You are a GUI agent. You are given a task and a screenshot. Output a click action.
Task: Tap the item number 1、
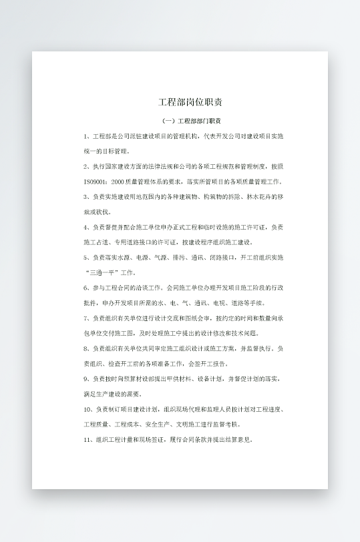(x=87, y=136)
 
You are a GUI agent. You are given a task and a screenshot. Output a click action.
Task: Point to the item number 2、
(x=87, y=166)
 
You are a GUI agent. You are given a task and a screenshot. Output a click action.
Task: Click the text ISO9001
(x=95, y=182)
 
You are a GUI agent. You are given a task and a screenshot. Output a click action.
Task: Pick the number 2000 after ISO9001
(x=119, y=182)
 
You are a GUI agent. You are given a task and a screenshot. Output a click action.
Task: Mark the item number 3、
(x=87, y=197)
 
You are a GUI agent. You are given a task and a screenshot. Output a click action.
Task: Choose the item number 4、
(x=87, y=227)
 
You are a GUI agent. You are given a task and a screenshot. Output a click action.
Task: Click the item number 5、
(x=87, y=257)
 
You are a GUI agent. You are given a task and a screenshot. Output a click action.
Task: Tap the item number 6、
(x=87, y=288)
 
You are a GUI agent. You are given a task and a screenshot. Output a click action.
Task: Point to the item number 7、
(x=87, y=318)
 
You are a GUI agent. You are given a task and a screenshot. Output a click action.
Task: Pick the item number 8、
(x=87, y=348)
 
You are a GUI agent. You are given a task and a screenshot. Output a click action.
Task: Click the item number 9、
(x=87, y=378)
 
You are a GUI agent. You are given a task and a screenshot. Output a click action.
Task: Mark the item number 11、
(x=89, y=439)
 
